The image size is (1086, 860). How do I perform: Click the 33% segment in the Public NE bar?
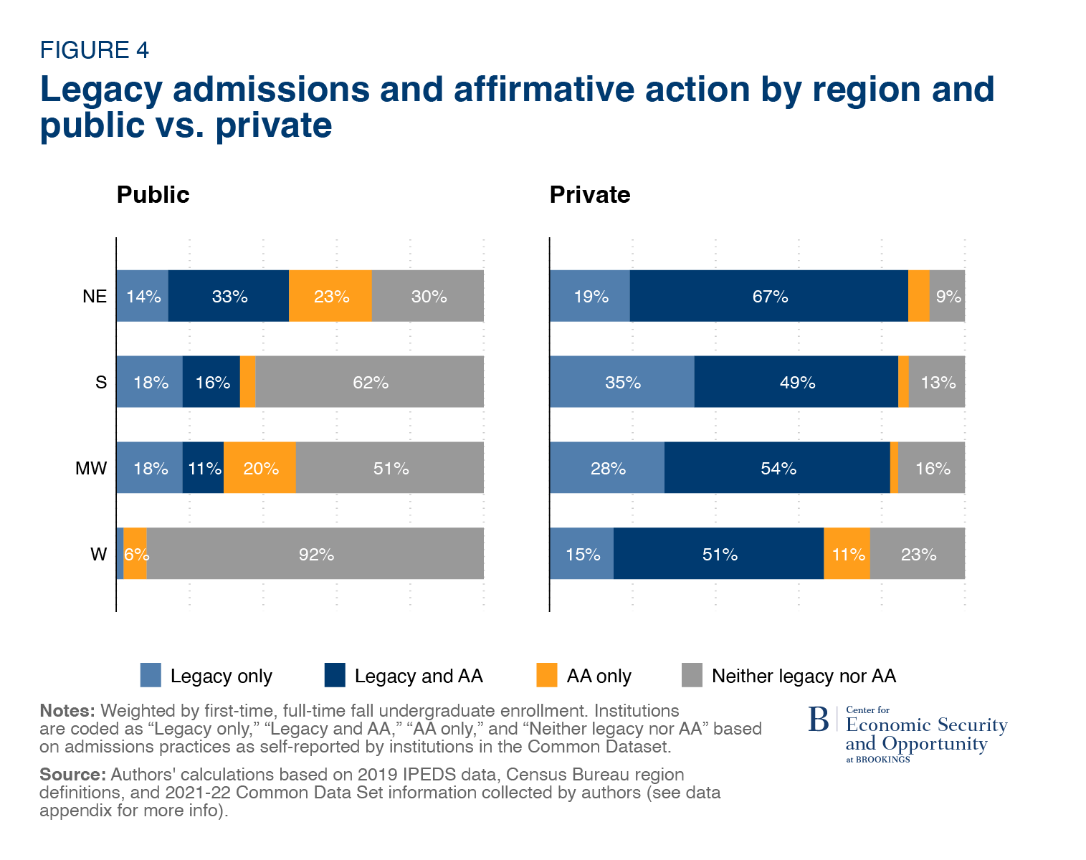[229, 296]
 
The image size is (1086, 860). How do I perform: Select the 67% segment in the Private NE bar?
[769, 296]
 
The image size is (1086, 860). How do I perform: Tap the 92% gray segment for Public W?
[315, 554]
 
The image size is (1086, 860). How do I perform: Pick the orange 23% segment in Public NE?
[330, 296]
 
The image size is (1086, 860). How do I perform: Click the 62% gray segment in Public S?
[369, 382]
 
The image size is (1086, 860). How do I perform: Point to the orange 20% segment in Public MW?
[259, 468]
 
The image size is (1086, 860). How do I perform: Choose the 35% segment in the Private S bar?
[622, 382]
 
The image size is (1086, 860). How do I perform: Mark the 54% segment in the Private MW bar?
[777, 468]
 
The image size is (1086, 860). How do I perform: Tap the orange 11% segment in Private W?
[847, 554]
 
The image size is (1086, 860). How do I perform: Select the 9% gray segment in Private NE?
[947, 296]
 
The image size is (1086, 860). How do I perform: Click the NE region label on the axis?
[95, 296]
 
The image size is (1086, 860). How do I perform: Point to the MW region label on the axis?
[91, 469]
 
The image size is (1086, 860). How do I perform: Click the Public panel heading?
[153, 195]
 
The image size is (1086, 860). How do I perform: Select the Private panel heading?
[590, 195]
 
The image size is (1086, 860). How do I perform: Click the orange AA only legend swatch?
[547, 675]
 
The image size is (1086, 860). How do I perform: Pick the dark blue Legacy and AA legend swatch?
[335, 675]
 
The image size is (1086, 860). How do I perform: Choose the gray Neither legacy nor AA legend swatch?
[692, 675]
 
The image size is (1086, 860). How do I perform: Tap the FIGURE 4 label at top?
[94, 50]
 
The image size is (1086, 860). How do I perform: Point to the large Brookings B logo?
[818, 720]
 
